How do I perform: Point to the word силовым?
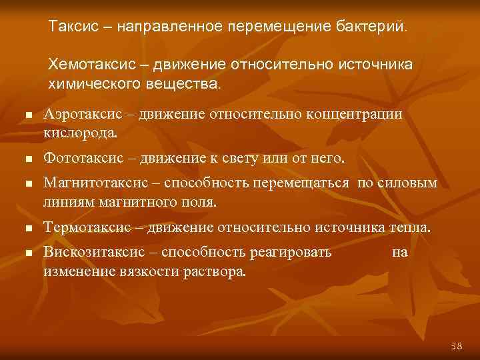point(407,183)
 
